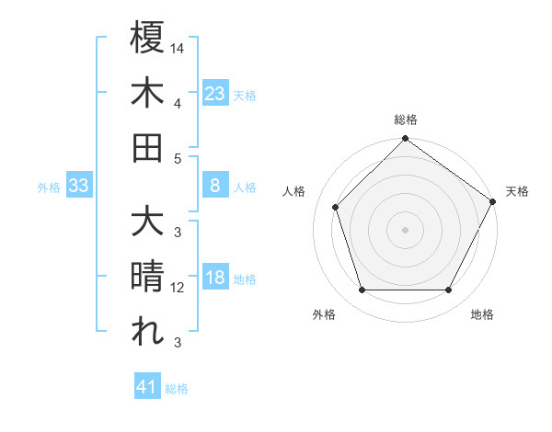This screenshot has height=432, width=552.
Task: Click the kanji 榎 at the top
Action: [x=147, y=39]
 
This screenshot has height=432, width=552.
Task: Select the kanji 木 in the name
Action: [x=147, y=93]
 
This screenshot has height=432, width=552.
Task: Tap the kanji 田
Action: [x=147, y=147]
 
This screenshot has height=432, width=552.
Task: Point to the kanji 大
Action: [x=147, y=223]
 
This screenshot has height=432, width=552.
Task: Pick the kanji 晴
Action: [x=147, y=278]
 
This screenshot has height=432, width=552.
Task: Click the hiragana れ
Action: [x=147, y=332]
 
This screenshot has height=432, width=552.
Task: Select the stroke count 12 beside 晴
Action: [x=178, y=288]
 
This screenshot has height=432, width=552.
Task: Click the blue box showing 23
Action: [x=214, y=93]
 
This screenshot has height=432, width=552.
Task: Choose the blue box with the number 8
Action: [x=214, y=186]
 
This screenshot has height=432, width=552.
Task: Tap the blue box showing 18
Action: [x=214, y=279]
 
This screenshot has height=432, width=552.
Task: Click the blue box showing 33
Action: [x=79, y=187]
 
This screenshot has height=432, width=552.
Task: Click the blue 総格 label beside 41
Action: [x=177, y=389]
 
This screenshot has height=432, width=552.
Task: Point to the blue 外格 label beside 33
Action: [x=49, y=188]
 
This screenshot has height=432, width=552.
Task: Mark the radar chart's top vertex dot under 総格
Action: [x=405, y=140]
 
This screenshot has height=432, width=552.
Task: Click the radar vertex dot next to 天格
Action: [x=491, y=201]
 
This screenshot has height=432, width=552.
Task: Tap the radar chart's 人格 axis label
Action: [x=294, y=191]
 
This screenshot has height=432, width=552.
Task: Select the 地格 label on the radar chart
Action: [x=482, y=315]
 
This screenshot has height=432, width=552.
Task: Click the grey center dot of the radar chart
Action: [x=405, y=229]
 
